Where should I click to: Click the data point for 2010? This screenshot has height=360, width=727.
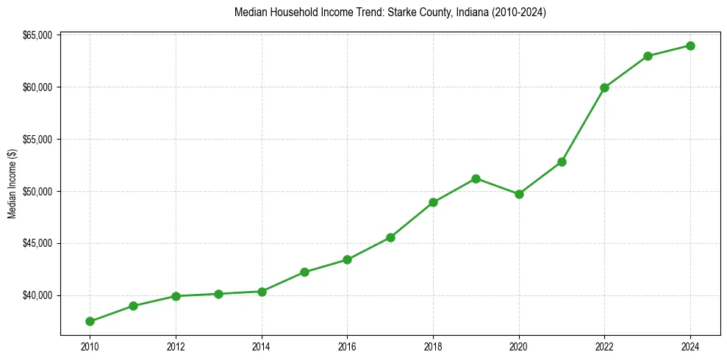90,321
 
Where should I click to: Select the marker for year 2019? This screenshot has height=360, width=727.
476,179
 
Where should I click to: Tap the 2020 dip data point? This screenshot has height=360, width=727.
519,194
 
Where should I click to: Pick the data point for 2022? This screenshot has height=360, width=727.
604,87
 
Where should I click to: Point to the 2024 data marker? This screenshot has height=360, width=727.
690,46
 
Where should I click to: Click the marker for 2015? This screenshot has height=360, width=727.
304,272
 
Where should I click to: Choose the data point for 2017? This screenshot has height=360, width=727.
390,237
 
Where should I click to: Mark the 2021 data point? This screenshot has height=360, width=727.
562,162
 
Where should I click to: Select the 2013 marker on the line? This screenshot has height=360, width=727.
218,294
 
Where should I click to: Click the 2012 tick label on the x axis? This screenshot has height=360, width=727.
176,345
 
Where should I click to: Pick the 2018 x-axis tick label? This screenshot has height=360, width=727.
433,345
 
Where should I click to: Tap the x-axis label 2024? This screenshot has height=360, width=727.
690,345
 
